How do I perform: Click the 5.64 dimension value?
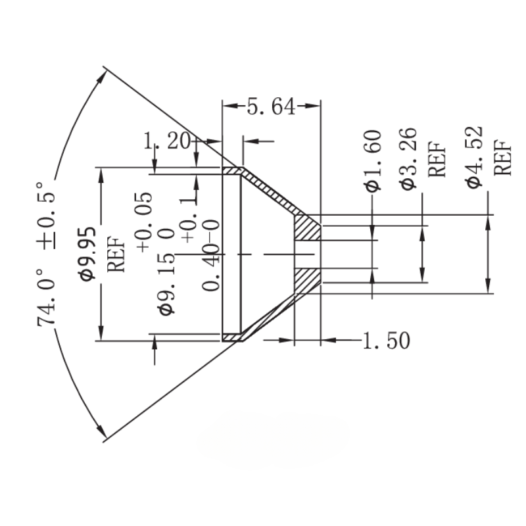click(270, 107)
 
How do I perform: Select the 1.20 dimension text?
click(166, 140)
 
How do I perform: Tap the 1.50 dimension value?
click(387, 340)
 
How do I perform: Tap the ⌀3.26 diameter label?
click(408, 158)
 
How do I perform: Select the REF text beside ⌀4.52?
click(502, 158)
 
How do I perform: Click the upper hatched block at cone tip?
click(306, 227)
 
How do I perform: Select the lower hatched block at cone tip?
click(306, 280)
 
